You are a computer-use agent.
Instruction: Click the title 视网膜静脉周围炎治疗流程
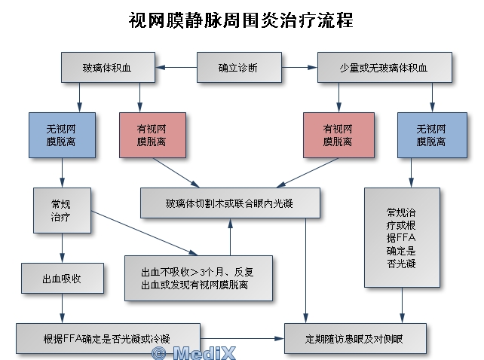(240, 20)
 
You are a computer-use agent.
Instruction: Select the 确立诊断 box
(239, 67)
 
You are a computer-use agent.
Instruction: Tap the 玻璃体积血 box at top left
(108, 67)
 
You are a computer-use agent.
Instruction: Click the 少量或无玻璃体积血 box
(384, 67)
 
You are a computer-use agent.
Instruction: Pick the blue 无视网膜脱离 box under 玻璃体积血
(62, 135)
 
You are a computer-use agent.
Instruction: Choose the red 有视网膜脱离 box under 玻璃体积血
(152, 135)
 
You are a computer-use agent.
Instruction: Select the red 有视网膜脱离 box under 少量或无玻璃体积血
(338, 135)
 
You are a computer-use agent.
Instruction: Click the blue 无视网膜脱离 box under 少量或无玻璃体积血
(432, 135)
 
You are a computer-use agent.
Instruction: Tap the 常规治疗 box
(62, 210)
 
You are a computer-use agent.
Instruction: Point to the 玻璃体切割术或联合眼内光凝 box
(230, 203)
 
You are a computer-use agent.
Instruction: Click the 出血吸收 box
(63, 278)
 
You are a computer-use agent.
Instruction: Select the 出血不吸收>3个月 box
(198, 278)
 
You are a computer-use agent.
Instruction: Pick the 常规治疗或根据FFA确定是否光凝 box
(402, 237)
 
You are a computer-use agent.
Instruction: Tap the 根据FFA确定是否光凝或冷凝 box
(108, 338)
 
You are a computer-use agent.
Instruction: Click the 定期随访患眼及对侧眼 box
(355, 338)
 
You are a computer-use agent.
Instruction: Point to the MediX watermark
(194, 353)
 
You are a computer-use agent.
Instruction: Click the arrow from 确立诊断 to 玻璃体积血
(176, 67)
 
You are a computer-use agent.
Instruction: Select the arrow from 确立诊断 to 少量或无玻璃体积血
(299, 67)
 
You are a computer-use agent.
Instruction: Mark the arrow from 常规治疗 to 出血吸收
(63, 248)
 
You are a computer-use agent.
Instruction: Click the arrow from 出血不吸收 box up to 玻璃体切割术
(230, 237)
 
